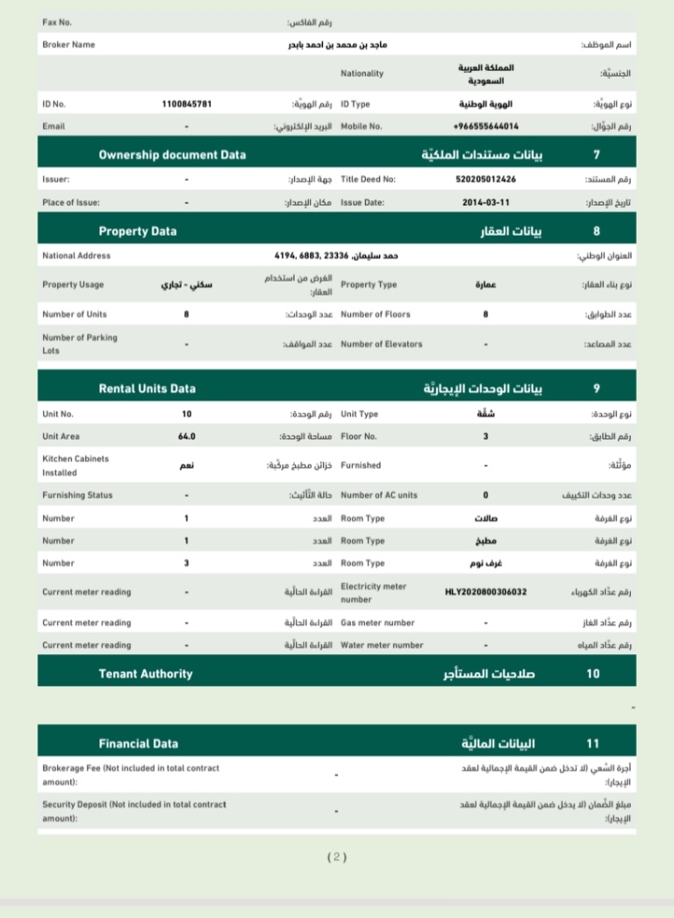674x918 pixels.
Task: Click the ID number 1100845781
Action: [x=186, y=104]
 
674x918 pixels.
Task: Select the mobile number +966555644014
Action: [x=485, y=126]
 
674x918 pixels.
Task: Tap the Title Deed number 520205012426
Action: [x=485, y=179]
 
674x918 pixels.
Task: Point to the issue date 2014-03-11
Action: [x=485, y=202]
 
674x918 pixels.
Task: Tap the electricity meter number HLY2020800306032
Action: [x=485, y=592]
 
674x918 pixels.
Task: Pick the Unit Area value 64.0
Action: [x=186, y=436]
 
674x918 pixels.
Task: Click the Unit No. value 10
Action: [x=186, y=414]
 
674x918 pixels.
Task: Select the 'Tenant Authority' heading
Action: [x=145, y=674]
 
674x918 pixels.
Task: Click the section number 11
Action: [x=593, y=744]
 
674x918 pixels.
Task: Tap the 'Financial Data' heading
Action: [x=138, y=744]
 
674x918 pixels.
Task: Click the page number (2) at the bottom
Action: [x=337, y=856]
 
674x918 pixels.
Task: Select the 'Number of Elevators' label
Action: [x=381, y=344]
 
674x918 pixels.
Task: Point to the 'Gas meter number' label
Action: [x=377, y=622]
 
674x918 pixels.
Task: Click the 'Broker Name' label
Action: [x=68, y=44]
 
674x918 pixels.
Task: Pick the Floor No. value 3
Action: [x=485, y=436]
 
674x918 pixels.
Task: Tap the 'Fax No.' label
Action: [x=57, y=21]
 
